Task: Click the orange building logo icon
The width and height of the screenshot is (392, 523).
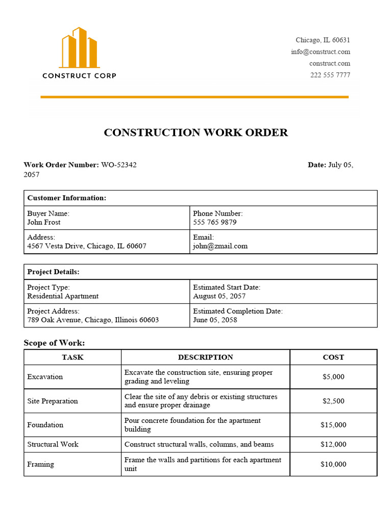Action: [x=79, y=47]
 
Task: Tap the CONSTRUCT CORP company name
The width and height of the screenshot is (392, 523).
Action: [x=79, y=76]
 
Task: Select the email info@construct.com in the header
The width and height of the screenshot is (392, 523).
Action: [x=321, y=52]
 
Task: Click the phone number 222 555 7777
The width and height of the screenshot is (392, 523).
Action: [x=330, y=75]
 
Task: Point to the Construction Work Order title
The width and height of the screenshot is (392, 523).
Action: [x=196, y=133]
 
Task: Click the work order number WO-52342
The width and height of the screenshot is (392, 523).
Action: [x=119, y=165]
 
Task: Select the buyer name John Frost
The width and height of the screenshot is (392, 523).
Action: [x=44, y=223]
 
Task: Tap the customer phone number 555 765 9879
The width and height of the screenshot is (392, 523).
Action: [x=215, y=223]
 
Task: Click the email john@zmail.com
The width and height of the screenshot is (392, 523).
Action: [x=220, y=246]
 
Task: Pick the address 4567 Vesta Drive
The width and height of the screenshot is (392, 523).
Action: [x=87, y=246]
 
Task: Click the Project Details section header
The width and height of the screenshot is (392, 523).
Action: [x=53, y=272]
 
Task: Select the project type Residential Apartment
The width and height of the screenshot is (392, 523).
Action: [x=63, y=296]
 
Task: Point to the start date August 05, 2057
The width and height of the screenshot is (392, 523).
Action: [x=219, y=296]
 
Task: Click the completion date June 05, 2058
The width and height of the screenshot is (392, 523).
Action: [x=215, y=320]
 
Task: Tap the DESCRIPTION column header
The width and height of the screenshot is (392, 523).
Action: [x=205, y=358]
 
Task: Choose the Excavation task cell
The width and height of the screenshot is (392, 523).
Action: [x=45, y=377]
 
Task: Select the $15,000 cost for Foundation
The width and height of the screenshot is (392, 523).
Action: [x=333, y=425]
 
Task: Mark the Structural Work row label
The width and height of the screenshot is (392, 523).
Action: [x=53, y=444]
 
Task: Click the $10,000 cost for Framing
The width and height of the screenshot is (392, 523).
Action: [x=333, y=464]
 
